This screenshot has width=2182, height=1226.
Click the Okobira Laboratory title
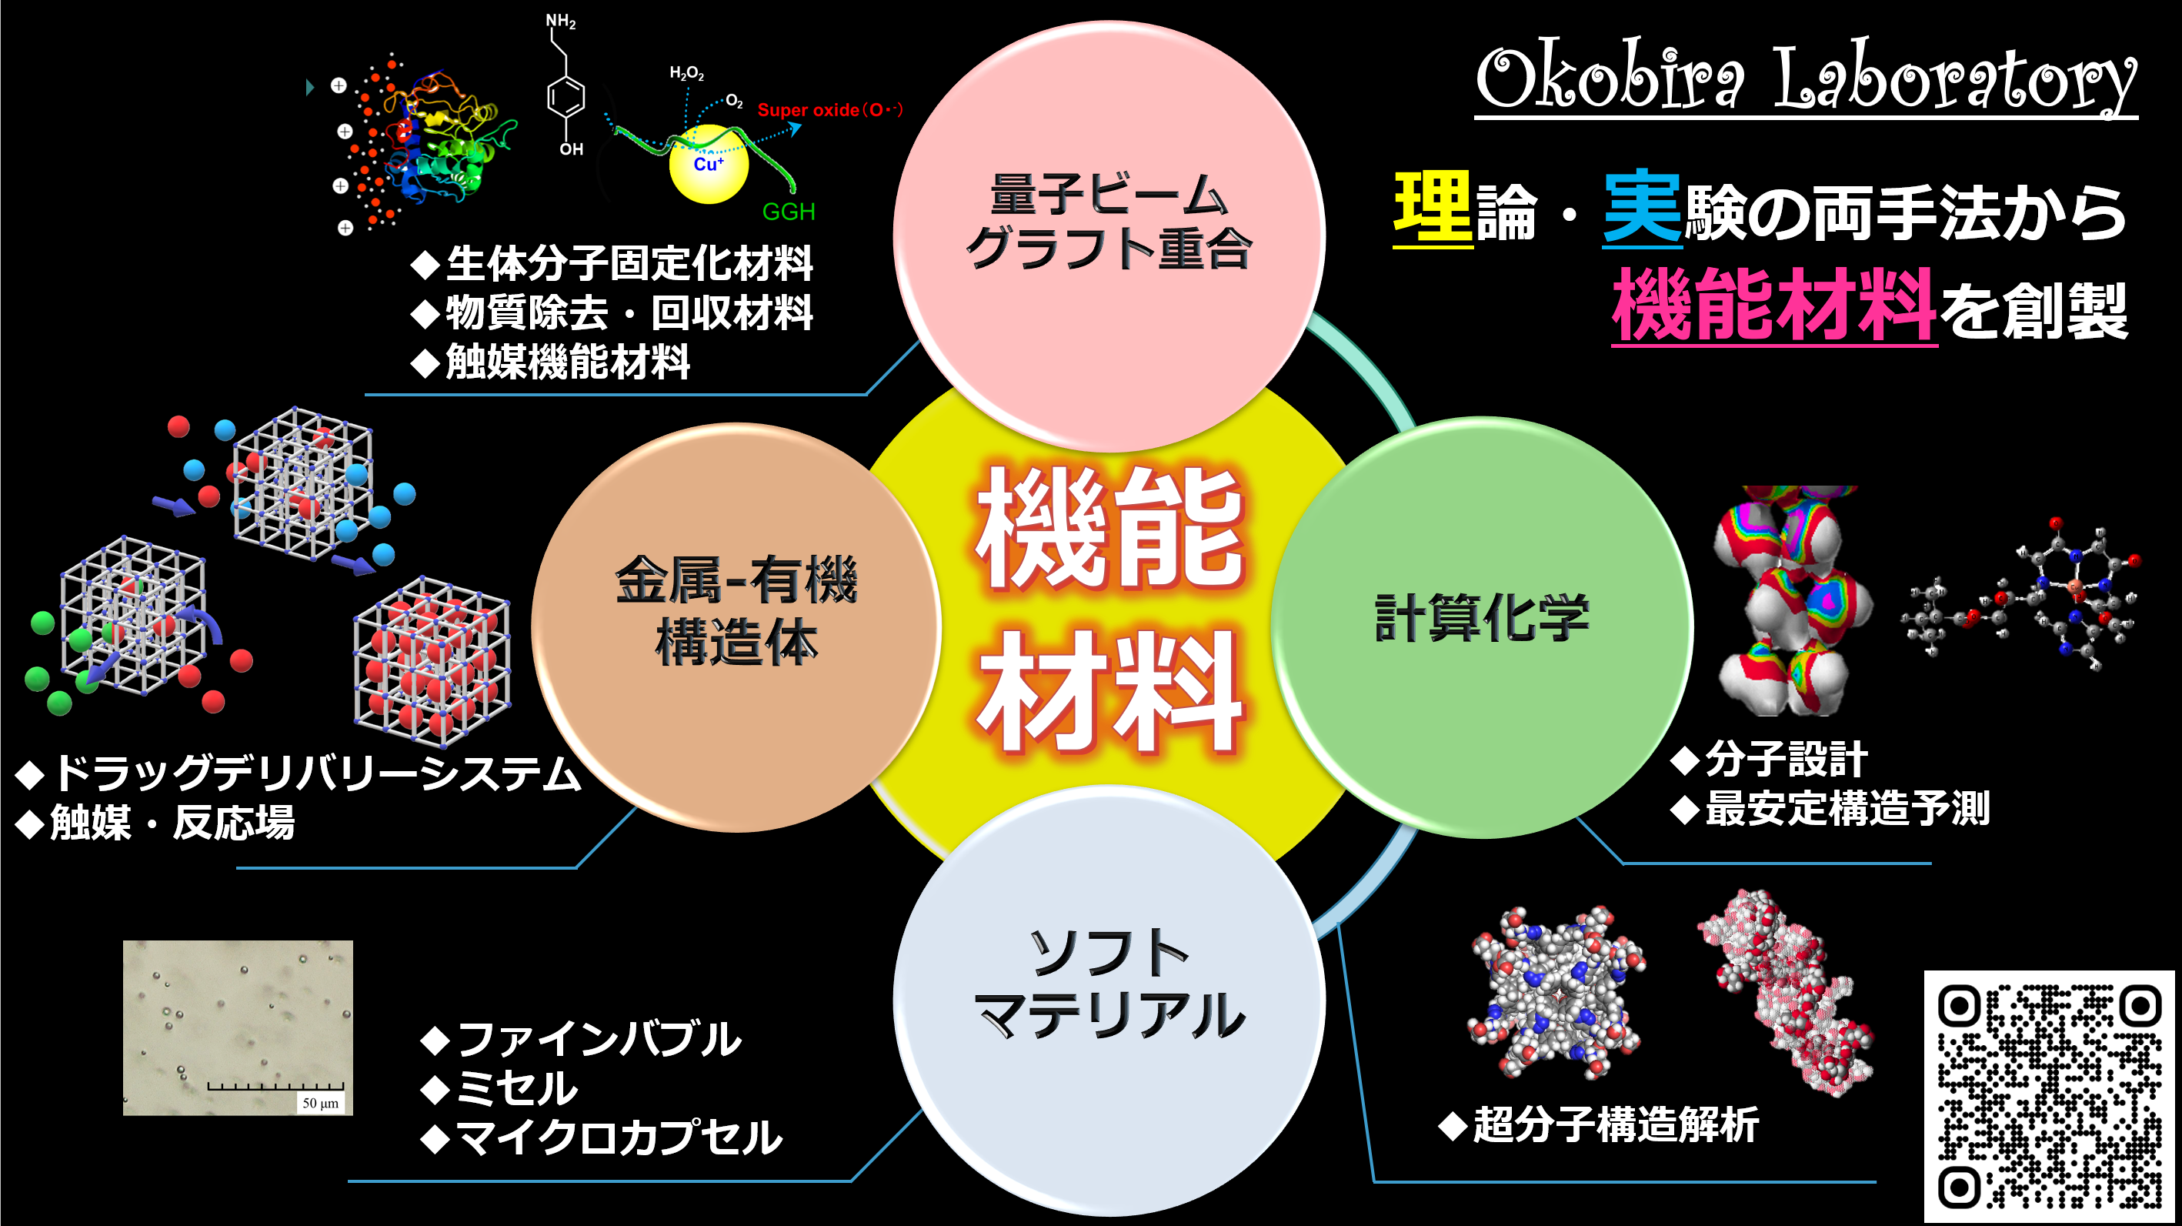pyautogui.click(x=1806, y=78)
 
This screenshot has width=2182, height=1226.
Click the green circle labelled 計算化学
pyautogui.click(x=1483, y=627)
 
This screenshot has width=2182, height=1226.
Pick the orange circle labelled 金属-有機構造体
pyautogui.click(x=736, y=627)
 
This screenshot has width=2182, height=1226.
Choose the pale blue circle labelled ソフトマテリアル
pyautogui.click(x=1109, y=1001)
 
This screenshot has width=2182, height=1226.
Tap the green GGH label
pyautogui.click(x=789, y=211)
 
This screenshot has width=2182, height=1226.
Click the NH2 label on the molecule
pyautogui.click(x=561, y=22)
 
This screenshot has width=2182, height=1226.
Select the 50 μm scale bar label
pyautogui.click(x=320, y=1103)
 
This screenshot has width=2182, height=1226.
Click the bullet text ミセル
pyautogui.click(x=518, y=1088)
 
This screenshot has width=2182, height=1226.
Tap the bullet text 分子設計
pyautogui.click(x=1786, y=759)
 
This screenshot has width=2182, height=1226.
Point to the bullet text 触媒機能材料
pyautogui.click(x=568, y=362)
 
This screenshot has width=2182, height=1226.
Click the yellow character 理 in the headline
pyautogui.click(x=1433, y=206)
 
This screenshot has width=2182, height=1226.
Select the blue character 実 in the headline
pyautogui.click(x=1643, y=206)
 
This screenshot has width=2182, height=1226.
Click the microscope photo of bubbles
pyautogui.click(x=238, y=1027)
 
